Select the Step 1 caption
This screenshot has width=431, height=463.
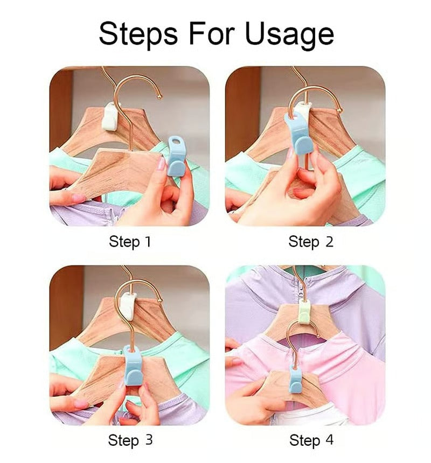click(130, 242)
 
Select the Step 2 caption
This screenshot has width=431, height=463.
click(311, 242)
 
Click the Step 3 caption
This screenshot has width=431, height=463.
click(130, 440)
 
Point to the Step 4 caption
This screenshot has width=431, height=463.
click(311, 440)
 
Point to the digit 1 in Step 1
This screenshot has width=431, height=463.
click(148, 242)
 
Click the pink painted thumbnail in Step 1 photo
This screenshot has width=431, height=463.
click(161, 164)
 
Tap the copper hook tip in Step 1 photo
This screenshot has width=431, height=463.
click(159, 97)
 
